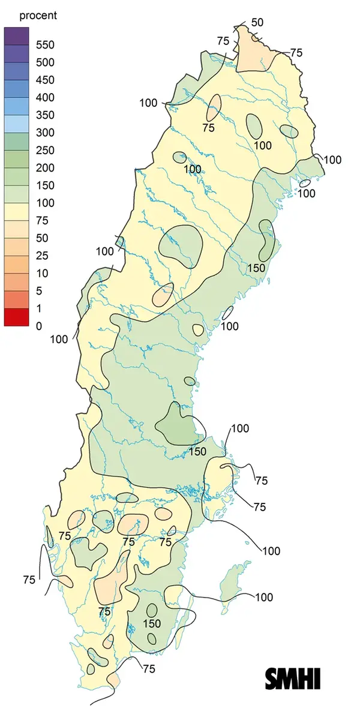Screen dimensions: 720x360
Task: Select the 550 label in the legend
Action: coord(44,45)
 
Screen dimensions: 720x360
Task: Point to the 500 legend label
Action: coord(44,62)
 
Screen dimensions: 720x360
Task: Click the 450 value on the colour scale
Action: coord(44,80)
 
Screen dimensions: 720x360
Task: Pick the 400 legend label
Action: coord(44,97)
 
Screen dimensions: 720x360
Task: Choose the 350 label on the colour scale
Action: coord(44,115)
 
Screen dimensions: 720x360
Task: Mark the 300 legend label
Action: coord(44,133)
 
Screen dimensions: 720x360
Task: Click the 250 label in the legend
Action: coord(44,150)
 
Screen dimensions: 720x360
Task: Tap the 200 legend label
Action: coord(44,167)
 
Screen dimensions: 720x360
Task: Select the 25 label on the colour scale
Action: coord(42,256)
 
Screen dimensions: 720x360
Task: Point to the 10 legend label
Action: coord(42,273)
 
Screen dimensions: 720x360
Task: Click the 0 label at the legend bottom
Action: coord(39,326)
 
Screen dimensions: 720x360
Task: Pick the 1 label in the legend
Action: coord(39,308)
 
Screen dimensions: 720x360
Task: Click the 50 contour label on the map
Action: coord(257,23)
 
